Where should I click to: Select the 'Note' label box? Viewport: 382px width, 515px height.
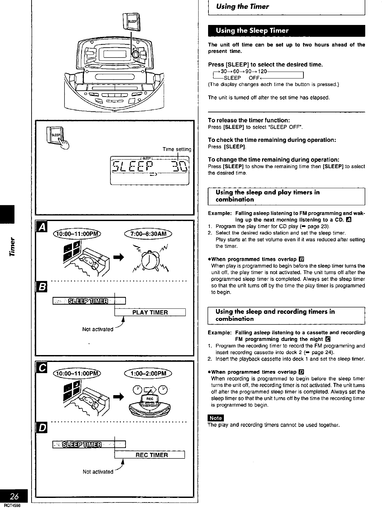tap(216, 418)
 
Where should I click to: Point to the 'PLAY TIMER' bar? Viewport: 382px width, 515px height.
tap(150, 312)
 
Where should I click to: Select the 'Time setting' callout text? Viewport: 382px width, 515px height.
tap(177, 149)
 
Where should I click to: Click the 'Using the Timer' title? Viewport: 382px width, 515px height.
tap(242, 7)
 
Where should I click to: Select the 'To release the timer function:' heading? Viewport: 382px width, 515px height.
tap(249, 120)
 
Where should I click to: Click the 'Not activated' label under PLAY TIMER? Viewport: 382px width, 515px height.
tap(98, 329)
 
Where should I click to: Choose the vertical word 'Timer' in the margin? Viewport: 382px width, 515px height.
tap(13, 246)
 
